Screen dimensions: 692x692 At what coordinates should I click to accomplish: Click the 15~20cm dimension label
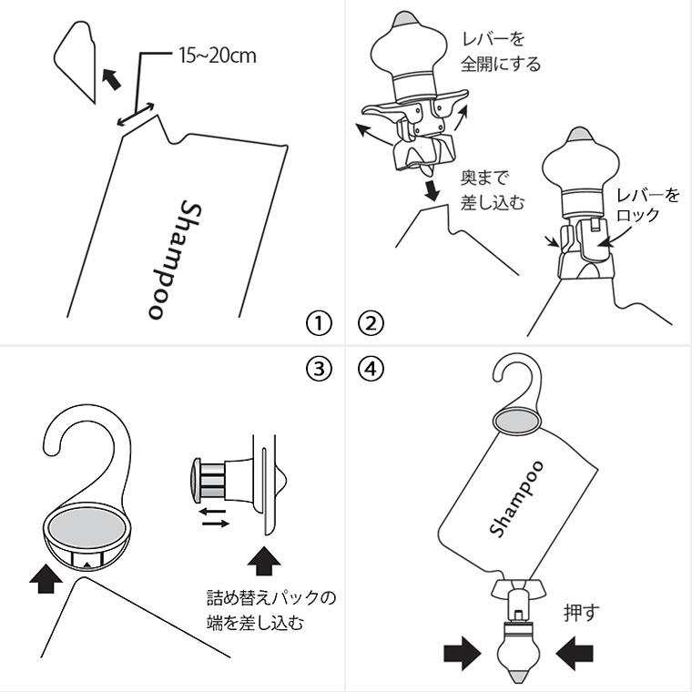pos(216,56)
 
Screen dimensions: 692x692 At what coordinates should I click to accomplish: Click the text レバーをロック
pos(647,206)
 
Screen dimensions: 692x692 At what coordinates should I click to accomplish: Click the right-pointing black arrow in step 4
pos(462,653)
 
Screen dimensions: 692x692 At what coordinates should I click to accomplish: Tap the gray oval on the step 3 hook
pos(88,527)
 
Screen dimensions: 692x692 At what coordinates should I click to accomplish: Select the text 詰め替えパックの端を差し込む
pos(271,611)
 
